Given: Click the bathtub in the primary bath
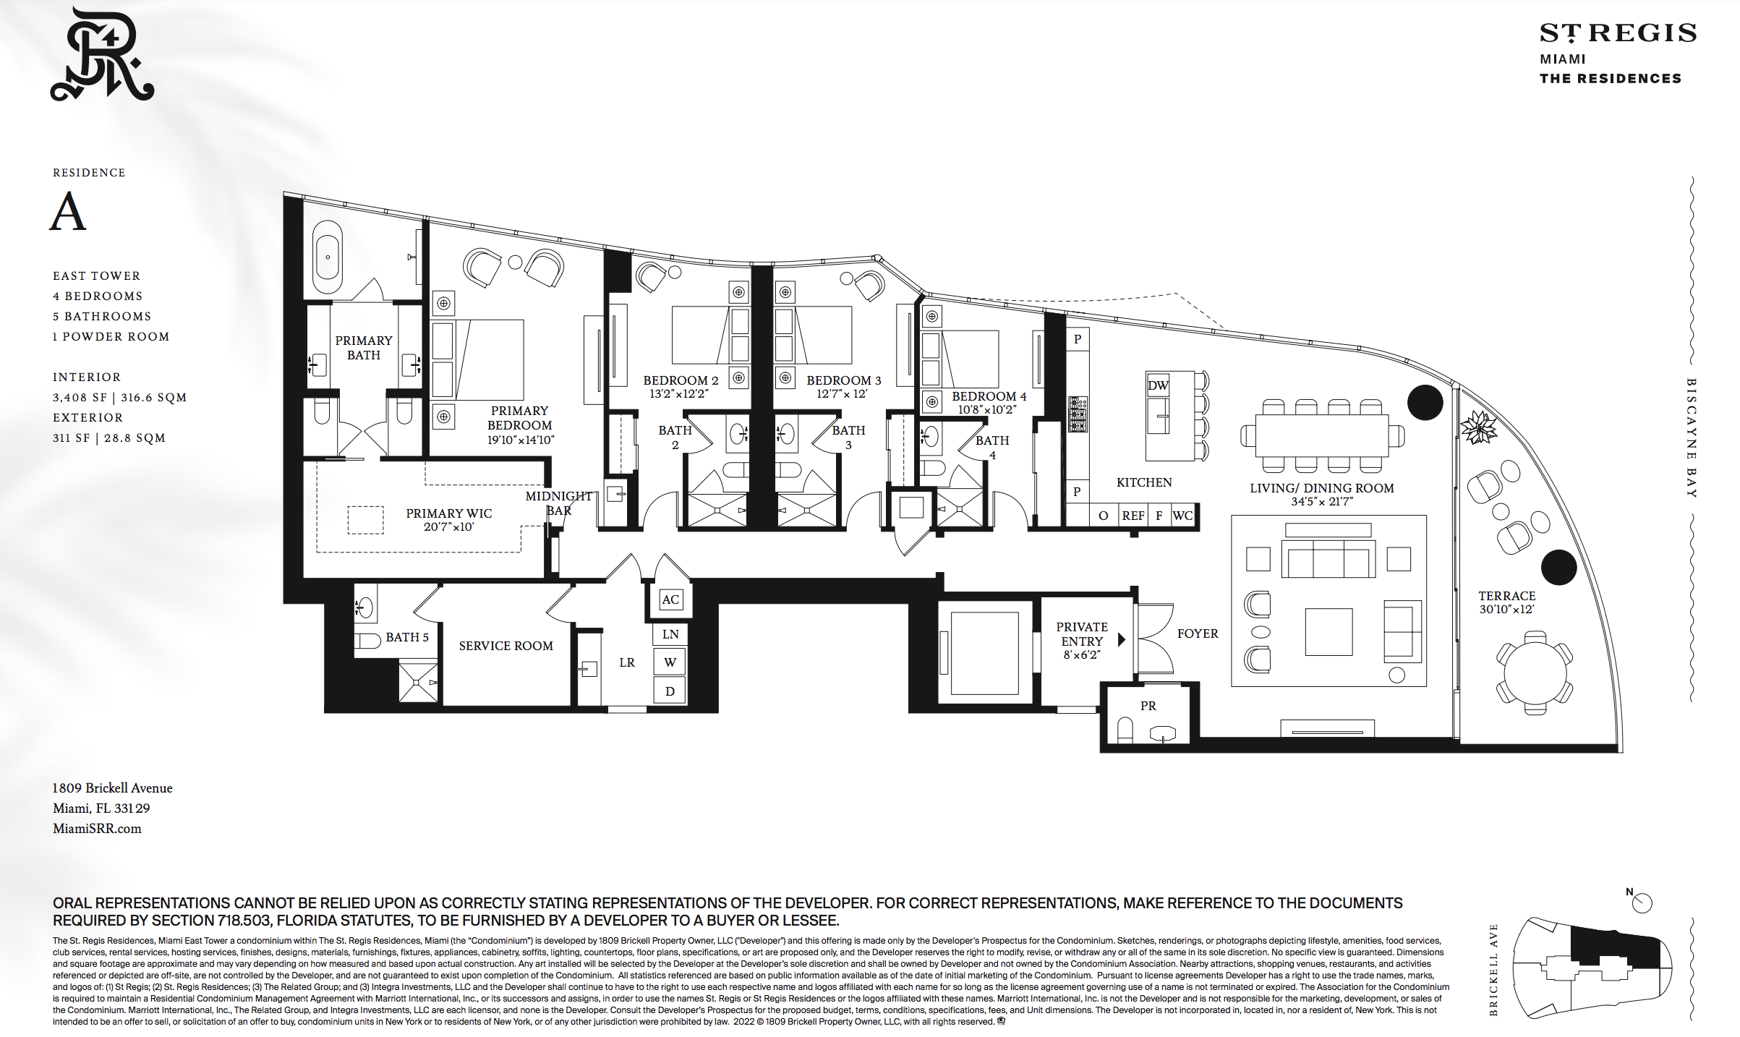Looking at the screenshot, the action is tap(328, 257).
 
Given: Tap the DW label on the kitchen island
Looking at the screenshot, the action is tap(1157, 385).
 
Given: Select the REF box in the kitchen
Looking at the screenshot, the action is tap(1133, 516).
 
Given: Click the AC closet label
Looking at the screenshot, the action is tap(670, 599).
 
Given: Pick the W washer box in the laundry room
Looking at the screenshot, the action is tap(670, 662).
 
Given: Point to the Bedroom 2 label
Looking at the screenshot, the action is tap(681, 380).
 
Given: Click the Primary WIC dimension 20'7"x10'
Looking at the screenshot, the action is tap(448, 527).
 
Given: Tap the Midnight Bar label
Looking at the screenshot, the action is tap(559, 503).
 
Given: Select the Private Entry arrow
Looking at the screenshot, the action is tap(1122, 639).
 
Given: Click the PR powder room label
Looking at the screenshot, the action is tap(1148, 706).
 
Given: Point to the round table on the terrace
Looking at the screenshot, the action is tap(1535, 673).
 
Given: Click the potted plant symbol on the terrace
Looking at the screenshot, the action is tap(1479, 427).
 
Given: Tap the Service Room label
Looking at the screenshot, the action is tap(506, 646).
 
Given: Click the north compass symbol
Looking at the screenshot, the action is tap(1640, 902).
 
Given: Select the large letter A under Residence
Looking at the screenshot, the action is tap(68, 211).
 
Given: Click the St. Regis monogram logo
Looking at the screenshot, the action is tap(102, 54).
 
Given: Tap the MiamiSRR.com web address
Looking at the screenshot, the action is tap(97, 829).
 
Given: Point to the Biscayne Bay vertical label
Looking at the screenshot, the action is tap(1692, 438).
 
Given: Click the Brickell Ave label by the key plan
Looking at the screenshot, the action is tap(1493, 970).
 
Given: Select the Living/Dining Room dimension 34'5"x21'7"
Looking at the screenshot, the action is tap(1322, 501).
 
